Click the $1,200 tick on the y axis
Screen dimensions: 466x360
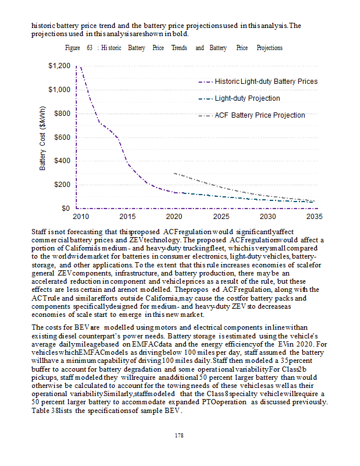click(x=60, y=66)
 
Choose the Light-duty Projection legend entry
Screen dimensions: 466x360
click(x=247, y=98)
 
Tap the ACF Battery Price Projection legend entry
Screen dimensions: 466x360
click(x=260, y=115)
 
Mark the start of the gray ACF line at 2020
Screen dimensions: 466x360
click(x=174, y=173)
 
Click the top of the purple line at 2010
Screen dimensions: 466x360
click(x=76, y=66)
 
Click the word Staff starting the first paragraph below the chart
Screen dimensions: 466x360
click(x=40, y=231)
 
